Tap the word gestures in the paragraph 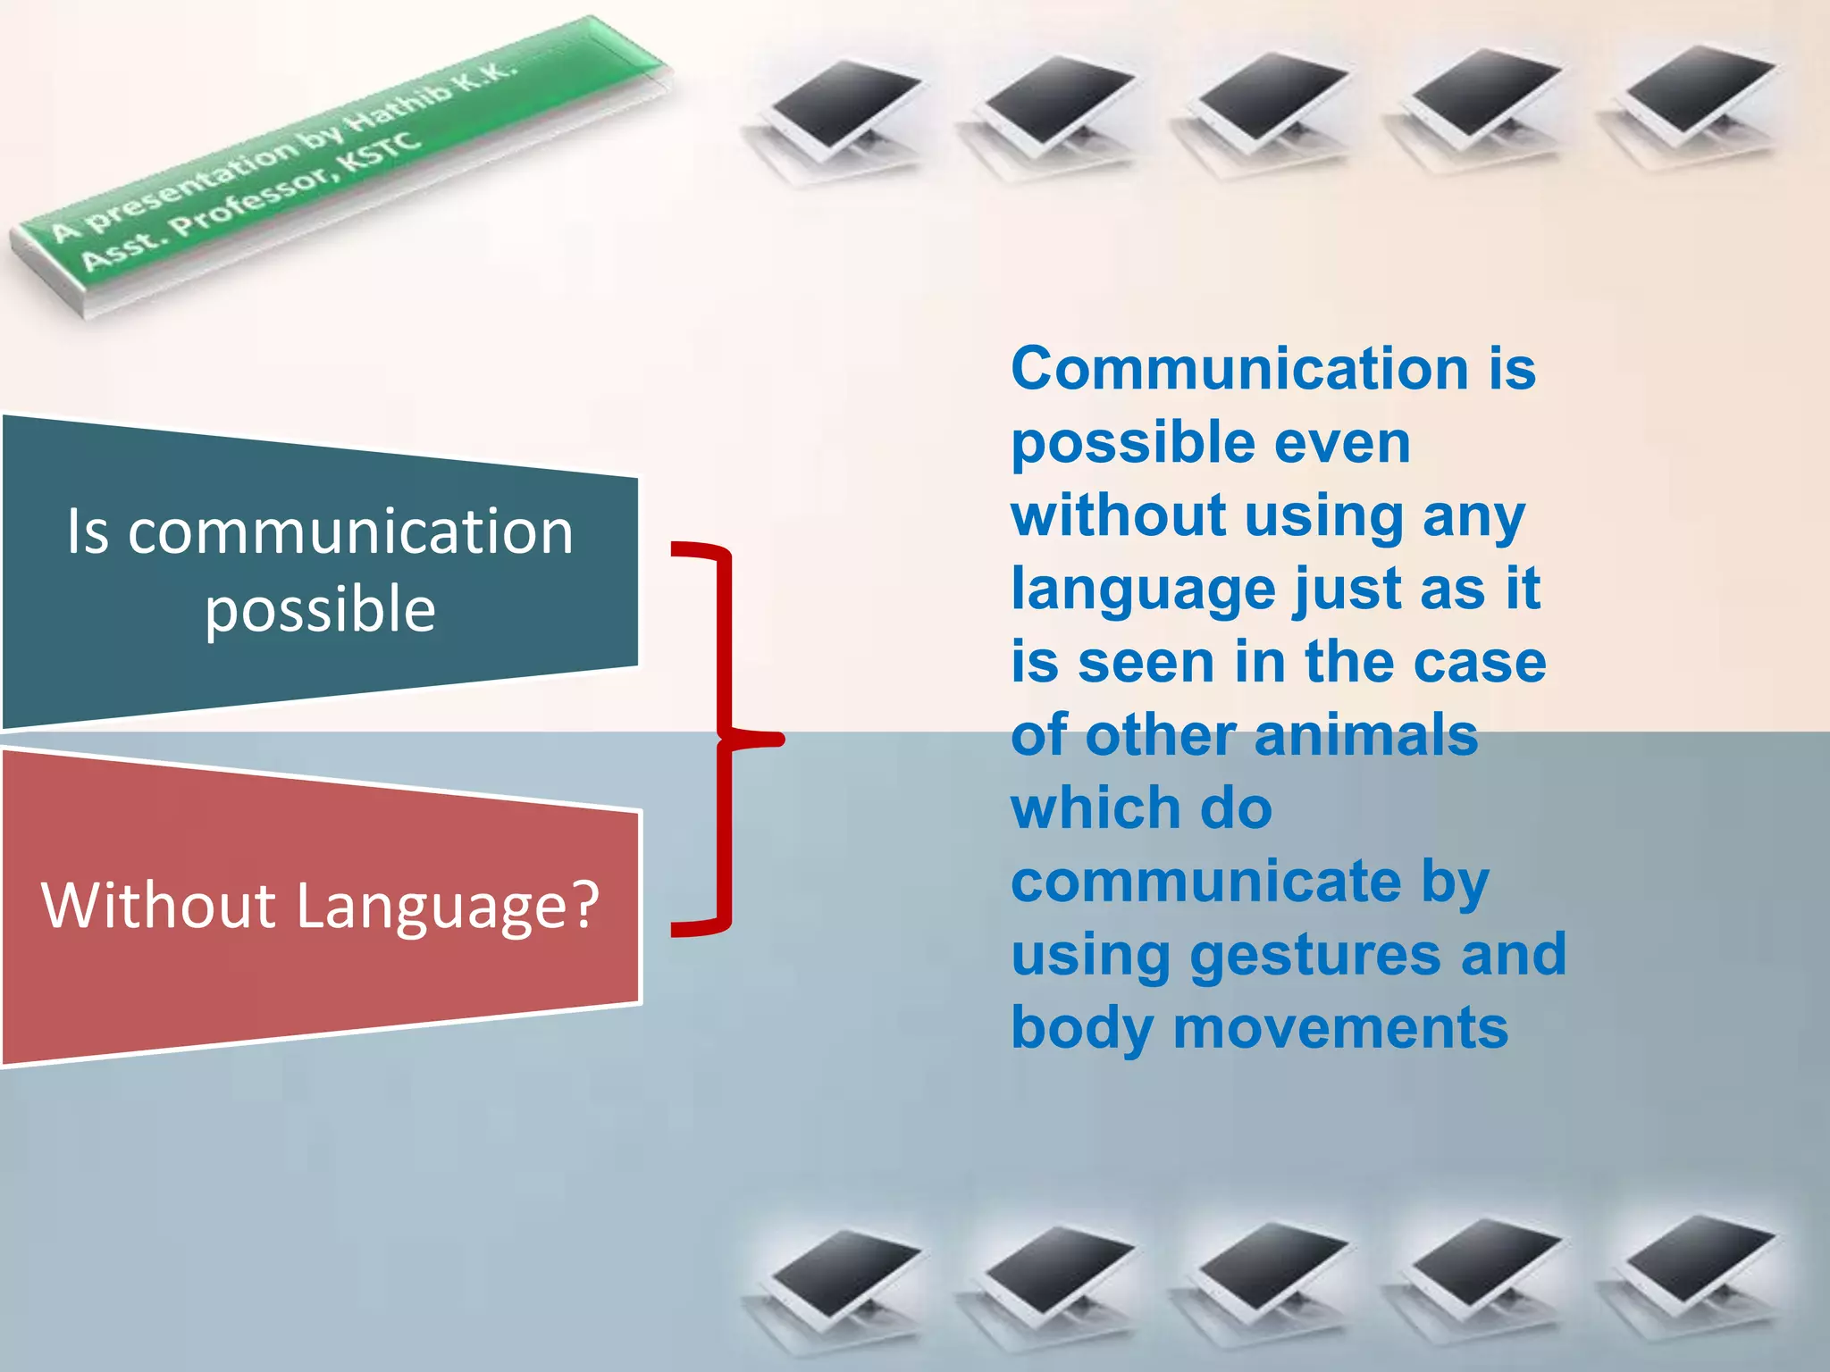coord(1314,956)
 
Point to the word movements coord(1340,1029)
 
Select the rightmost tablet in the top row coord(1693,103)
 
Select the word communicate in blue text coord(1206,883)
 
